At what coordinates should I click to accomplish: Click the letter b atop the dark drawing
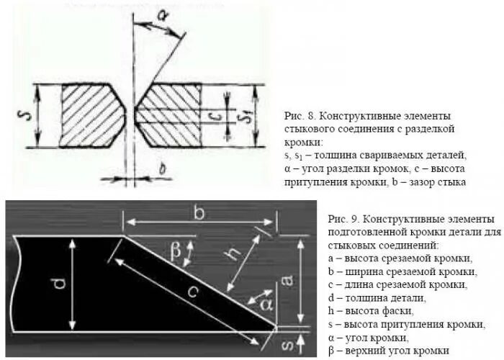coord(199,214)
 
